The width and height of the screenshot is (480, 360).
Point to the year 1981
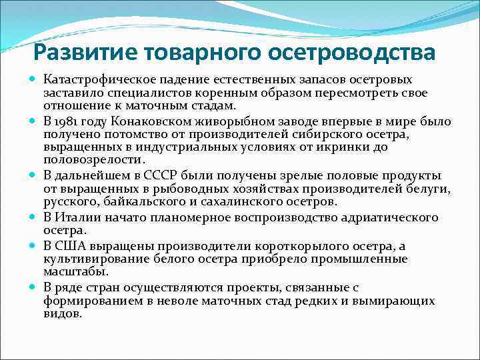(x=68, y=122)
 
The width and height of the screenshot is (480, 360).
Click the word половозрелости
(x=93, y=160)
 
